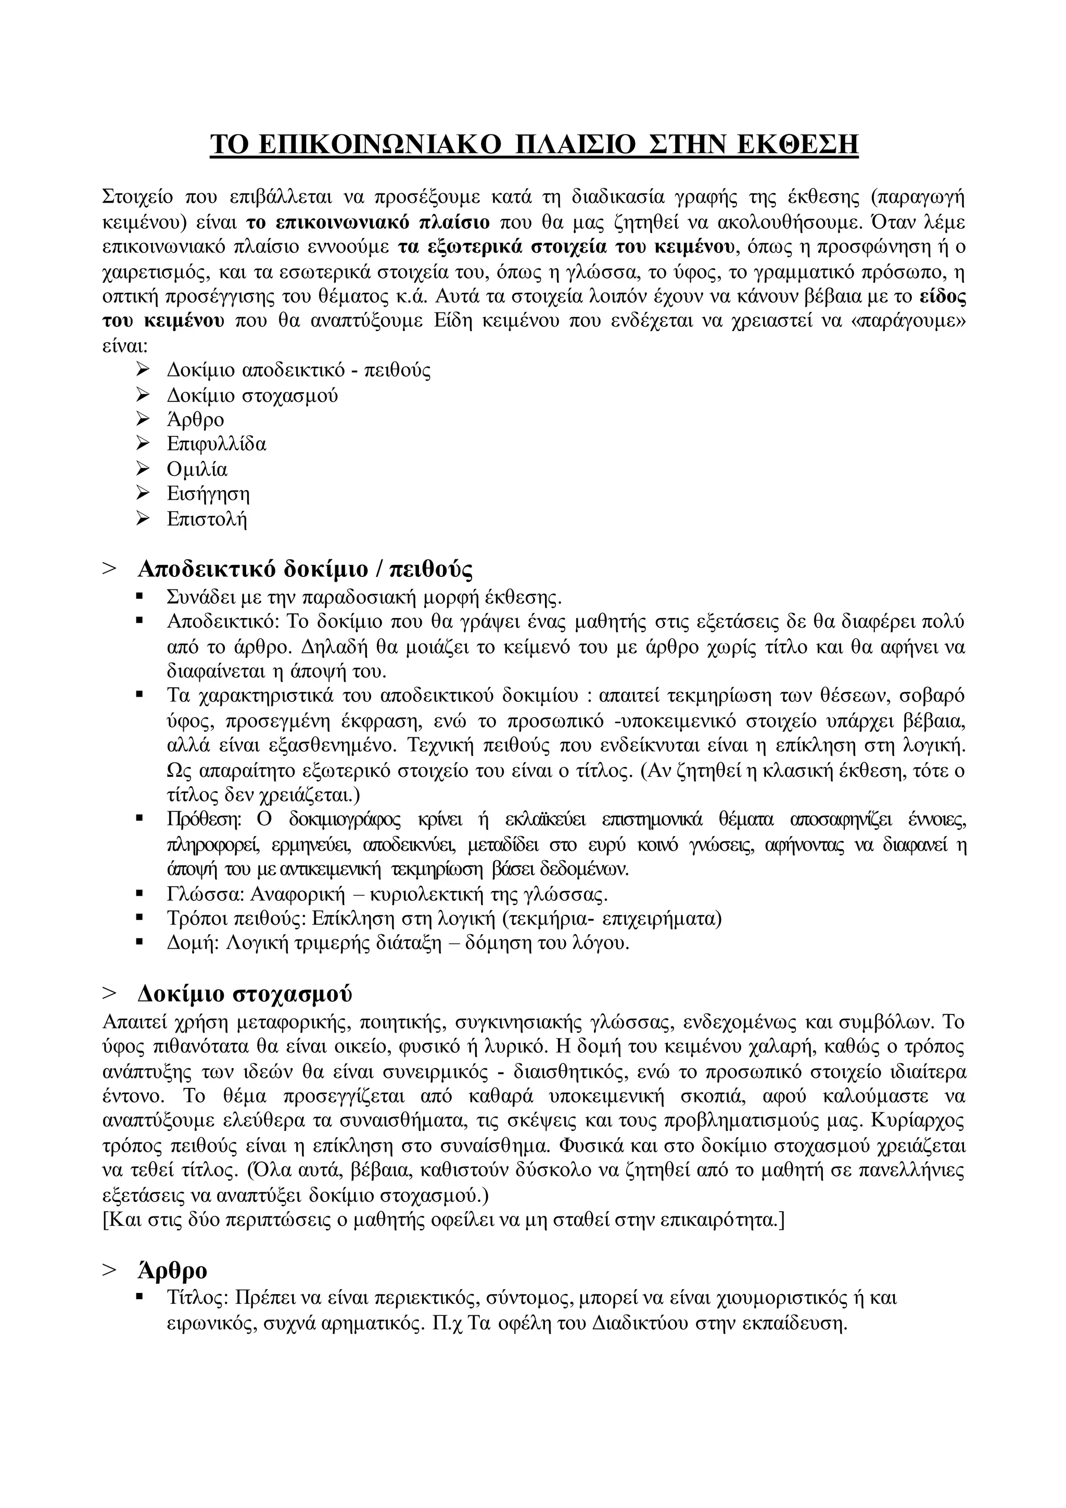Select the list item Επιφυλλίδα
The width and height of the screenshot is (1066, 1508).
216,444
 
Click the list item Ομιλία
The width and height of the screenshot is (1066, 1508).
197,469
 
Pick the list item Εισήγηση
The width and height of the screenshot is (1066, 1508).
208,494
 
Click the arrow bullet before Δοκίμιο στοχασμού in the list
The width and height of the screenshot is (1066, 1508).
143,394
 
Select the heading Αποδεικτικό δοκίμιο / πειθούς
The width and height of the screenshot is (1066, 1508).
304,569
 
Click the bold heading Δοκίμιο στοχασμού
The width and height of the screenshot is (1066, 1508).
245,994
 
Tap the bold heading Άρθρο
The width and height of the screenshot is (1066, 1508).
172,1271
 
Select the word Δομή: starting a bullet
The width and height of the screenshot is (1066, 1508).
192,944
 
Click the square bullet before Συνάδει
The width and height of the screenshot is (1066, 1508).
139,597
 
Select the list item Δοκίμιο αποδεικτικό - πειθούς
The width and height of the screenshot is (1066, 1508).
299,370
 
